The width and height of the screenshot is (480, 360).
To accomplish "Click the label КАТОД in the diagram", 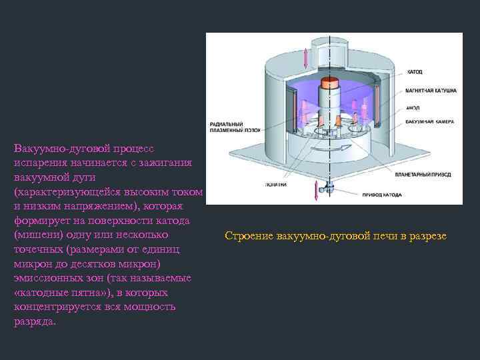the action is click(x=415, y=70).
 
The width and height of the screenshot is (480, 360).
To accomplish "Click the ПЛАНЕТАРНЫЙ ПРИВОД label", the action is click(x=423, y=174).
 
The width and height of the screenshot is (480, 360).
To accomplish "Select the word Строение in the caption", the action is click(x=249, y=237).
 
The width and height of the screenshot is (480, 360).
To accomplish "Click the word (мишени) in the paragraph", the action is click(x=37, y=235).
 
